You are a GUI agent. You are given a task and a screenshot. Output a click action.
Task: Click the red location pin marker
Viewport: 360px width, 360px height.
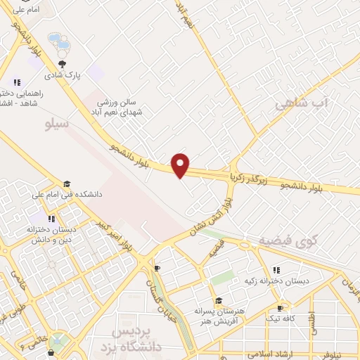pos(181,165)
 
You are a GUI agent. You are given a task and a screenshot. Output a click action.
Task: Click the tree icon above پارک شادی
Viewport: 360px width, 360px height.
pos(63,63)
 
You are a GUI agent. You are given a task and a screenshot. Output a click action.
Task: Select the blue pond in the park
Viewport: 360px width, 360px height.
pos(59,44)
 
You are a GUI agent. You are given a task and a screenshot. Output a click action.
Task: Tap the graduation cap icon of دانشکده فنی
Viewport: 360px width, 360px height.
pos(67,184)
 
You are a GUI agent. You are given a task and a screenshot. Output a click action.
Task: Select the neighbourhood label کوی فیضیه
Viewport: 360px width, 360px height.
pos(288,240)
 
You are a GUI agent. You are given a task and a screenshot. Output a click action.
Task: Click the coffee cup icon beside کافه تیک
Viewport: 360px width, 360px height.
pos(281,308)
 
